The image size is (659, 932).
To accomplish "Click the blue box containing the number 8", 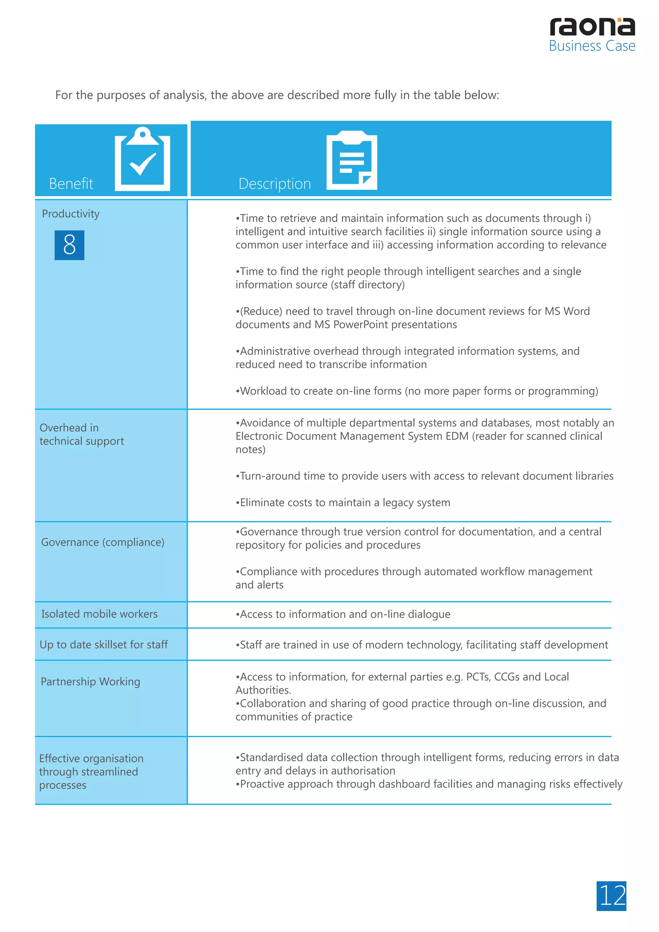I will pos(70,245).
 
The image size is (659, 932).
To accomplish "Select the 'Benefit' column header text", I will pos(71,183).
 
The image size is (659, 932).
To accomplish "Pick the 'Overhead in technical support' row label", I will pos(81,434).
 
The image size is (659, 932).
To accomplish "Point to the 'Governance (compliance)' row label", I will pos(103,542).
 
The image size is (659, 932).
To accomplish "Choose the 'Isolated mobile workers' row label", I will pos(99,614).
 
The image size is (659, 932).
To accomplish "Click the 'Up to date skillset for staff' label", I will pos(104,644).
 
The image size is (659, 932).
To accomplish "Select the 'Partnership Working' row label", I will pos(90,681).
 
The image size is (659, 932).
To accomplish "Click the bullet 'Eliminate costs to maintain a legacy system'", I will pos(343,503).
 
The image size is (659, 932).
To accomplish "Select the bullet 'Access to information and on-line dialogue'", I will pos(343,614).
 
